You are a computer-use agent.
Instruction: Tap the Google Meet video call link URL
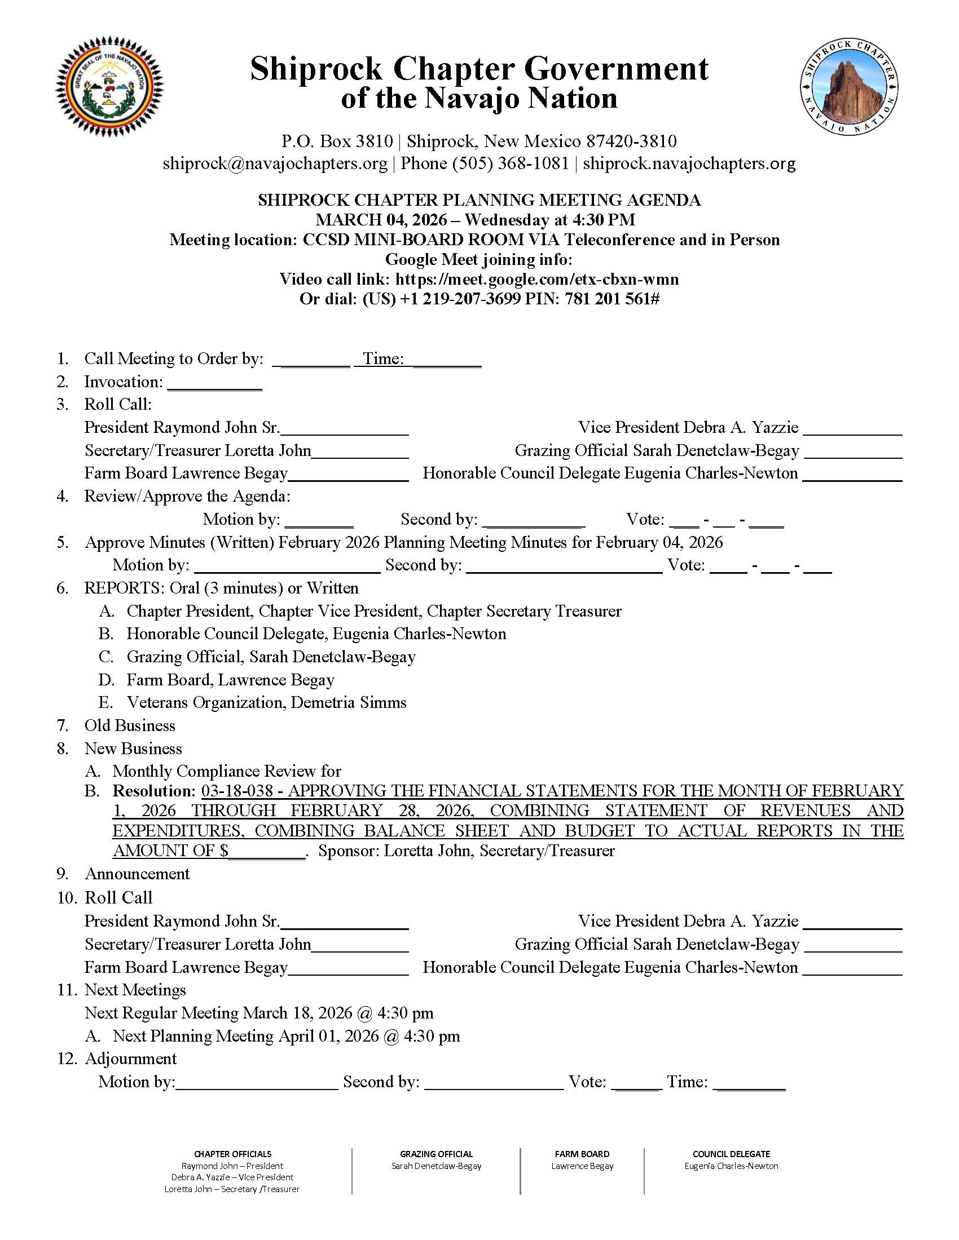[537, 280]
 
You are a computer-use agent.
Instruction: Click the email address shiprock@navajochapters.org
[275, 163]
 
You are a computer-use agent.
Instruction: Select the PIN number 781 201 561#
[612, 299]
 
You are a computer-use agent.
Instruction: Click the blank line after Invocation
[215, 383]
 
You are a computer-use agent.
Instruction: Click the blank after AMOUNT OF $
[267, 851]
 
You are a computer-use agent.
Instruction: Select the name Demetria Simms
[348, 703]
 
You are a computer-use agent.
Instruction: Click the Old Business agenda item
[130, 725]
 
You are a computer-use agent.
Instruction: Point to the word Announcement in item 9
[137, 874]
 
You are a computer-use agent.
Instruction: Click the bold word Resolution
[154, 791]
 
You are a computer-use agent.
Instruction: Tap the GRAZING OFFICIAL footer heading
[435, 1154]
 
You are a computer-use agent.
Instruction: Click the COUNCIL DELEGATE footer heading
[731, 1154]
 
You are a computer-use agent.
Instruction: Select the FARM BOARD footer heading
[582, 1154]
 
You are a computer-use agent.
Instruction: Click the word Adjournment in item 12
[131, 1059]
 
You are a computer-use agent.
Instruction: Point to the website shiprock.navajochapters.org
[689, 163]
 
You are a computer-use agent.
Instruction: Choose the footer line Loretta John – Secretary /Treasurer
[232, 1189]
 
